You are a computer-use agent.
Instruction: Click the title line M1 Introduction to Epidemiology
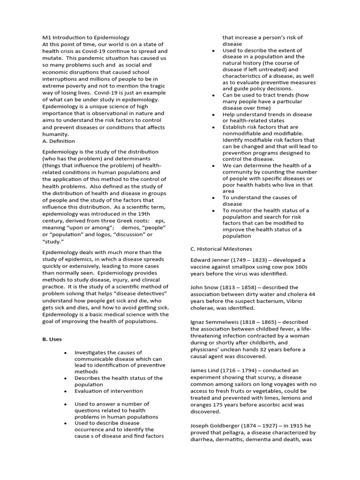[x=86, y=37]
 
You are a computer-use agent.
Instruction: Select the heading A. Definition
[x=59, y=141]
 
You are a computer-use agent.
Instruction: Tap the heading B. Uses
[x=52, y=339]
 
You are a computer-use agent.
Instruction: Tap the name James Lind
[x=205, y=370]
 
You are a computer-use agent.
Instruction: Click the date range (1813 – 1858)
[x=239, y=287]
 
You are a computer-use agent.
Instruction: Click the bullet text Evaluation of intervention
[x=108, y=391]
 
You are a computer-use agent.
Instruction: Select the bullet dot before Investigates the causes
[x=65, y=352]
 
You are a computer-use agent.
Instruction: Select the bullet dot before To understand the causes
[x=213, y=198]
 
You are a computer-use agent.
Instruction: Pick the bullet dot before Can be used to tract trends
[x=213, y=95]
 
